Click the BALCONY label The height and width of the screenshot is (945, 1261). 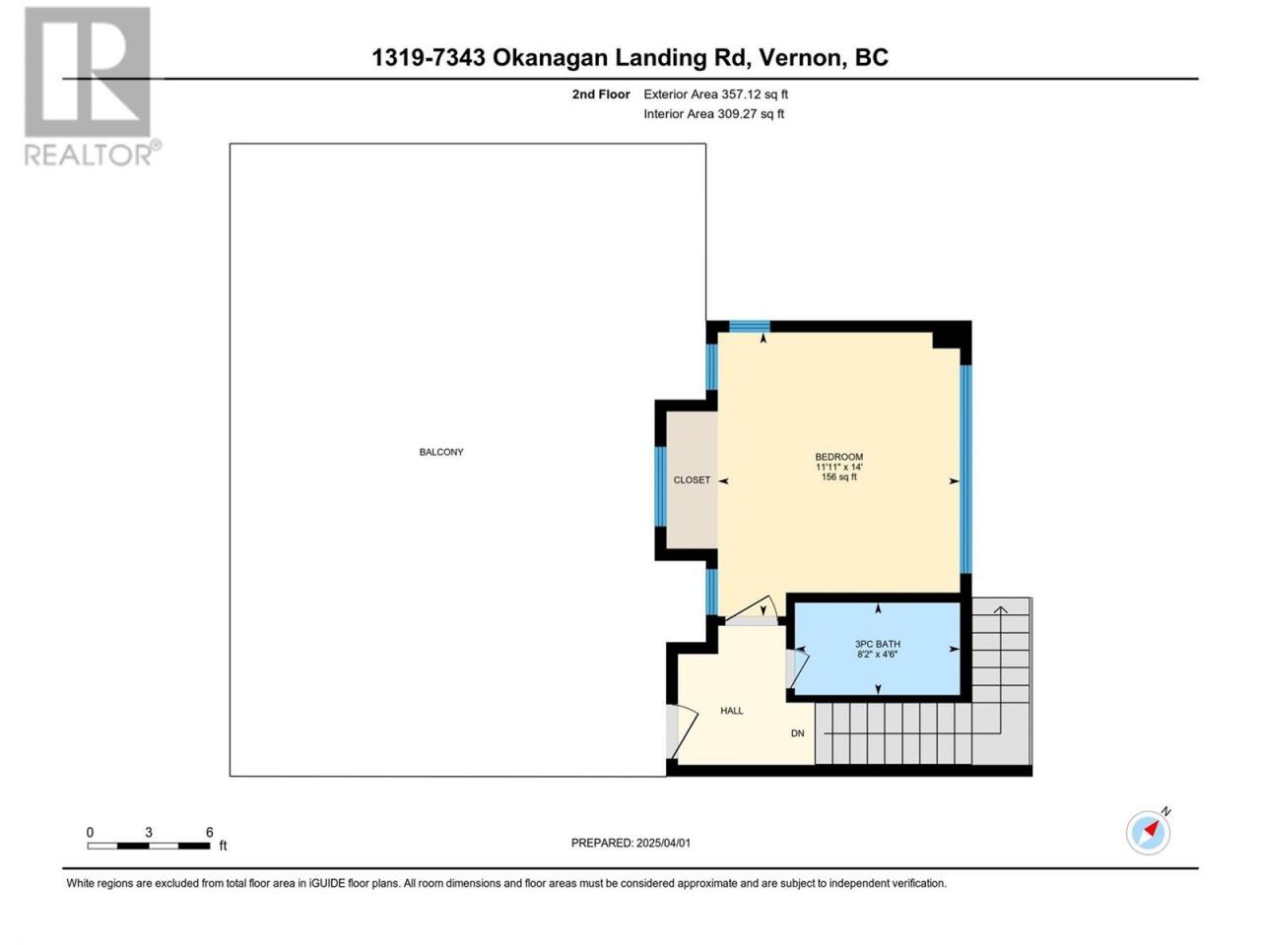pyautogui.click(x=440, y=452)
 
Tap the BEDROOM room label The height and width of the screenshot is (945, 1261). pyautogui.click(x=838, y=457)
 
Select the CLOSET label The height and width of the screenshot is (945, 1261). pyautogui.click(x=692, y=479)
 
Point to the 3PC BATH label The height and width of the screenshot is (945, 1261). pyautogui.click(x=877, y=644)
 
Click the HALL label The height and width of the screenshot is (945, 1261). pyautogui.click(x=732, y=711)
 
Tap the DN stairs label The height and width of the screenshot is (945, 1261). pyautogui.click(x=797, y=733)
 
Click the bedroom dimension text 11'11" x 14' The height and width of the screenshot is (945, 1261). pyautogui.click(x=838, y=467)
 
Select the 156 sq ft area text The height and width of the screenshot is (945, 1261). pyautogui.click(x=838, y=476)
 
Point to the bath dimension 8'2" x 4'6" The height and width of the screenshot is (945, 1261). pyautogui.click(x=877, y=654)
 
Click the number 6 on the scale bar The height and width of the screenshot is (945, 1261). pyautogui.click(x=210, y=832)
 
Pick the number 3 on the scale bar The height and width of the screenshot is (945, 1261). pyautogui.click(x=148, y=832)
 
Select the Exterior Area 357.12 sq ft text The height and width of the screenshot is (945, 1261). pyautogui.click(x=716, y=94)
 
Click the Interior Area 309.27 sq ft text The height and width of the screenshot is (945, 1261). pyautogui.click(x=713, y=113)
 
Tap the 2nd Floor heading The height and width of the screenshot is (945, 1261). pyautogui.click(x=600, y=94)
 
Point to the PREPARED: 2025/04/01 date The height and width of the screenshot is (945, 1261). pyautogui.click(x=630, y=843)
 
